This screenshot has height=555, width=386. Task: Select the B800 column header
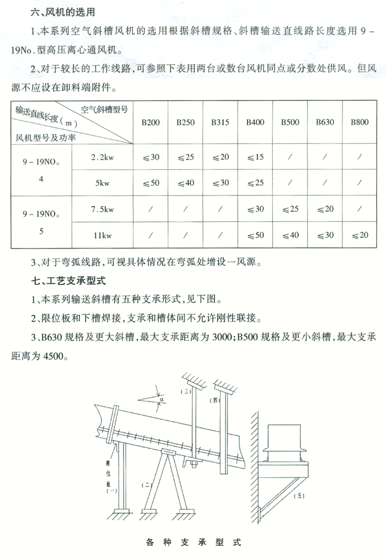(x=360, y=122)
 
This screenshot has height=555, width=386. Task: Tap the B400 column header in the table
(x=255, y=122)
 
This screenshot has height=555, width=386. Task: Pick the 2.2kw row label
(x=102, y=157)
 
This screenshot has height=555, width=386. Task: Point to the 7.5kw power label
(x=102, y=209)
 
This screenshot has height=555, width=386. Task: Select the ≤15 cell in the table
(x=255, y=157)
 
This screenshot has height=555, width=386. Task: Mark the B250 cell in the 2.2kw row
(x=186, y=157)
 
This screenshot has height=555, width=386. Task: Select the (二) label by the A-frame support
(x=148, y=484)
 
